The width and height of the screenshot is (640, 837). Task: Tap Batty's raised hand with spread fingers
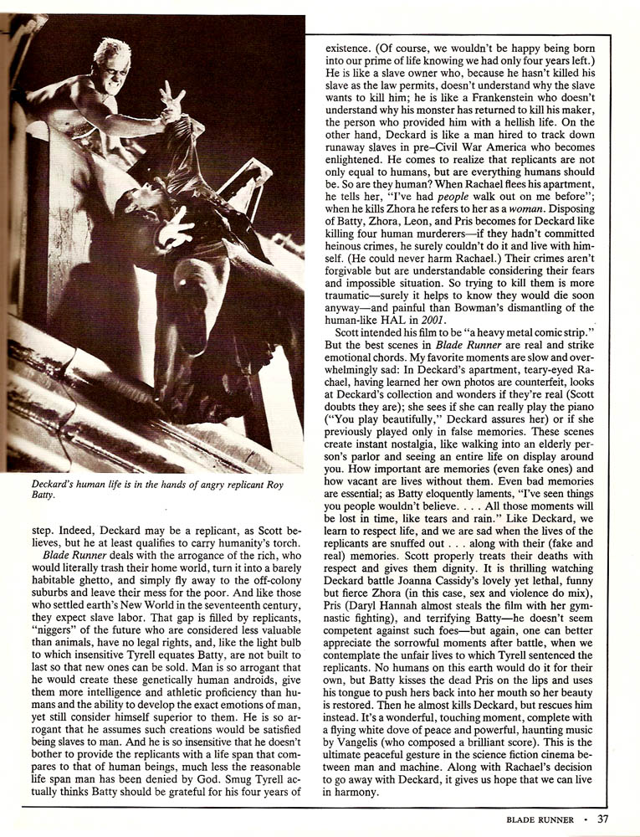pos(173,100)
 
